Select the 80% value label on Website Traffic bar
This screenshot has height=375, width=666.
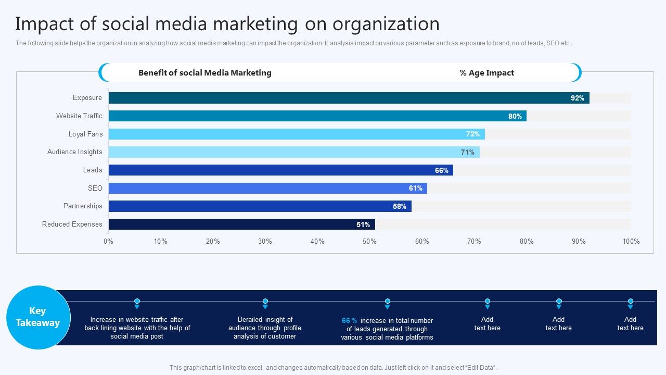[x=515, y=116]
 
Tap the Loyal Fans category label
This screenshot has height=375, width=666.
[x=85, y=134]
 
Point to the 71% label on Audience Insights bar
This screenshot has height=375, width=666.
[x=467, y=152]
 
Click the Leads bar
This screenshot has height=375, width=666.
[x=280, y=170]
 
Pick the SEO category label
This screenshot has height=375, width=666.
[x=95, y=188]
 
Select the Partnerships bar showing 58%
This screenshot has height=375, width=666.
[x=260, y=206]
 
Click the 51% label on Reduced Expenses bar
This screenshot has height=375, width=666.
[x=363, y=224]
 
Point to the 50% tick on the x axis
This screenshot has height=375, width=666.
[x=369, y=241]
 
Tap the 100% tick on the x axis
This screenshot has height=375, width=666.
[x=631, y=241]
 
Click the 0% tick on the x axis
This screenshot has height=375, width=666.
[x=108, y=241]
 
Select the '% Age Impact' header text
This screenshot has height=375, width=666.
[x=486, y=73]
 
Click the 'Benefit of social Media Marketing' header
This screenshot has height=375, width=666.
[x=204, y=73]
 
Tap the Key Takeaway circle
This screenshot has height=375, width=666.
[x=37, y=317]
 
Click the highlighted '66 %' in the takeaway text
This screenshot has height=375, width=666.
[x=349, y=321]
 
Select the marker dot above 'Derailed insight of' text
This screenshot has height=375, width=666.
[x=265, y=302]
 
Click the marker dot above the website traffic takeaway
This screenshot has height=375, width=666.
[x=137, y=302]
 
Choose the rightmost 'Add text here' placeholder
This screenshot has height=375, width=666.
[x=630, y=323]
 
